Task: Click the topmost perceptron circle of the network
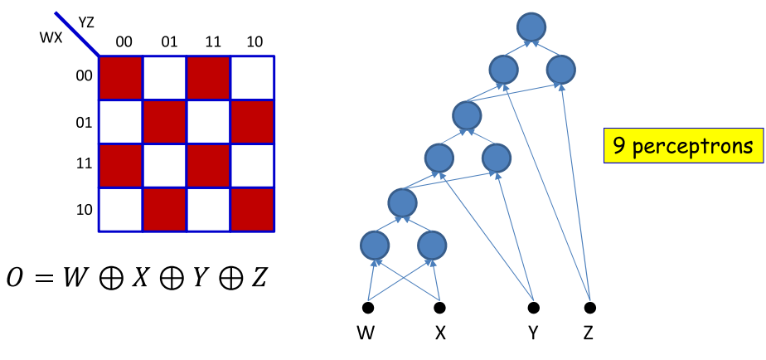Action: (531, 27)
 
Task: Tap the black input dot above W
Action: (368, 308)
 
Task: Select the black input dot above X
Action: (439, 308)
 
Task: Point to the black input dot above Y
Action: (534, 308)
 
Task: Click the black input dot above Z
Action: (589, 308)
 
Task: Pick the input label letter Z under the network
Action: (589, 336)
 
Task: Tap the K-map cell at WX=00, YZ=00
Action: (121, 78)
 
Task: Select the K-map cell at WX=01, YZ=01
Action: (165, 122)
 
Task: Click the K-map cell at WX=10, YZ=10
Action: (253, 210)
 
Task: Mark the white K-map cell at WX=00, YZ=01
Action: (165, 78)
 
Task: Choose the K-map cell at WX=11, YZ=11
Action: (209, 166)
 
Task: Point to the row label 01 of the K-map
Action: (84, 122)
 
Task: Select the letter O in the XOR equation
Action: (17, 277)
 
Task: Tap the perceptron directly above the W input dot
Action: (375, 245)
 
